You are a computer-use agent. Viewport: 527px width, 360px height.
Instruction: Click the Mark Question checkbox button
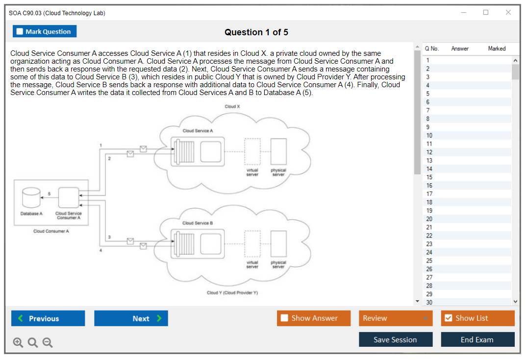pyautogui.click(x=45, y=31)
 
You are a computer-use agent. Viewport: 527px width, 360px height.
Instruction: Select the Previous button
pyautogui.click(x=48, y=318)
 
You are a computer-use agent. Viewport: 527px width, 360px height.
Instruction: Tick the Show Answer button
pyautogui.click(x=314, y=318)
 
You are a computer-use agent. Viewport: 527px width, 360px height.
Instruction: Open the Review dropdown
pyautogui.click(x=396, y=318)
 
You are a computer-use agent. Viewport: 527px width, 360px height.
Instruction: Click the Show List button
pyautogui.click(x=477, y=318)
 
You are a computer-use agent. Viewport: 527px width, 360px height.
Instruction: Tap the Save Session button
pyautogui.click(x=396, y=339)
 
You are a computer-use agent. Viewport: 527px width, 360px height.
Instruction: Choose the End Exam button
pyautogui.click(x=477, y=339)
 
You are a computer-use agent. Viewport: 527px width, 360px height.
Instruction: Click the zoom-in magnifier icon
pyautogui.click(x=18, y=343)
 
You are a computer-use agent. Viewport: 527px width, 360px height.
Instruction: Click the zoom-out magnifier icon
pyautogui.click(x=48, y=343)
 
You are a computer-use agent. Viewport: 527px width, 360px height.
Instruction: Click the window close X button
pyautogui.click(x=508, y=13)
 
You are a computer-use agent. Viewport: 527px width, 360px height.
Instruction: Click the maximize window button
pyautogui.click(x=486, y=13)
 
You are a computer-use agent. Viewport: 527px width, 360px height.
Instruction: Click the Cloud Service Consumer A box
pyautogui.click(x=68, y=198)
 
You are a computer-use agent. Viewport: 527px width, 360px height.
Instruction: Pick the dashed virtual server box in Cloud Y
pyautogui.click(x=252, y=243)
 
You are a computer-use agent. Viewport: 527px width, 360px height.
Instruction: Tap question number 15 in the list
pyautogui.click(x=429, y=177)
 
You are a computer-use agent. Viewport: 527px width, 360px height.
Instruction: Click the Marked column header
pyautogui.click(x=497, y=48)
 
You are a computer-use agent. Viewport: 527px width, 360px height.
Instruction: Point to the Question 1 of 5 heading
pyautogui.click(x=256, y=32)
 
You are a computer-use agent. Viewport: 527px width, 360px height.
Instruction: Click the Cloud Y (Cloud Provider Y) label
pyautogui.click(x=232, y=293)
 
